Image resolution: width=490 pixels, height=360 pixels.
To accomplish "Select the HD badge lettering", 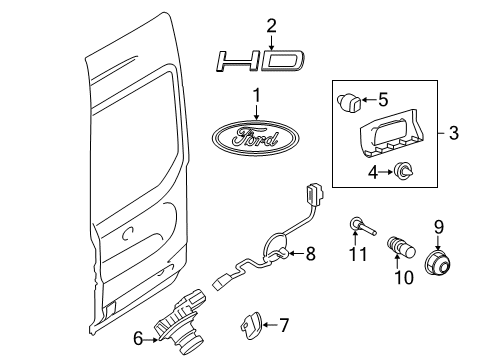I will [x=256, y=63].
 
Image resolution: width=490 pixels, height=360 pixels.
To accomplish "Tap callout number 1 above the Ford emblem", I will [x=256, y=97].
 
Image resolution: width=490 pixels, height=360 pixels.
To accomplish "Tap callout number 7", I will [x=284, y=325].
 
